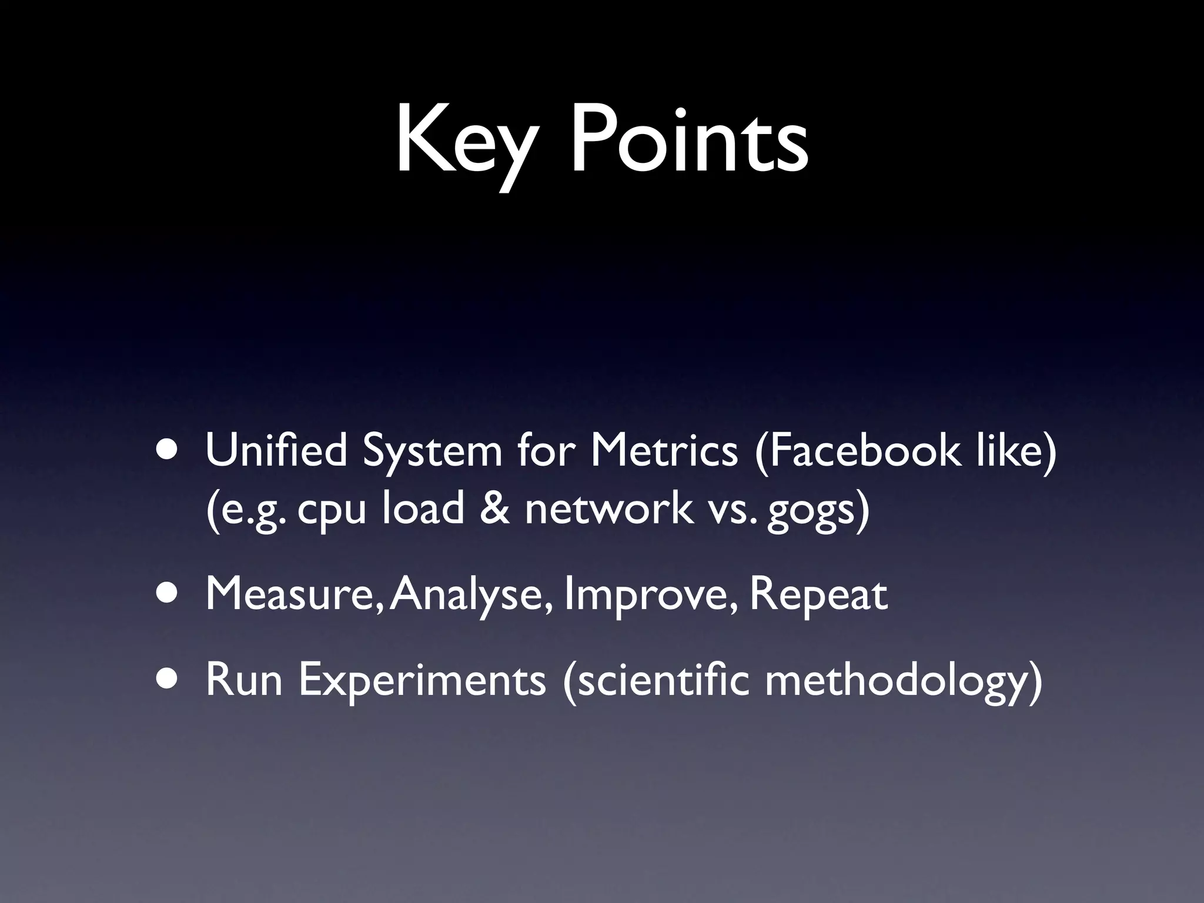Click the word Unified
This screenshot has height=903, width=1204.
click(x=276, y=451)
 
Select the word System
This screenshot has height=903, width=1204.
click(x=432, y=451)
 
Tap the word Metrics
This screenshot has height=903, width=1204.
click(x=664, y=451)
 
